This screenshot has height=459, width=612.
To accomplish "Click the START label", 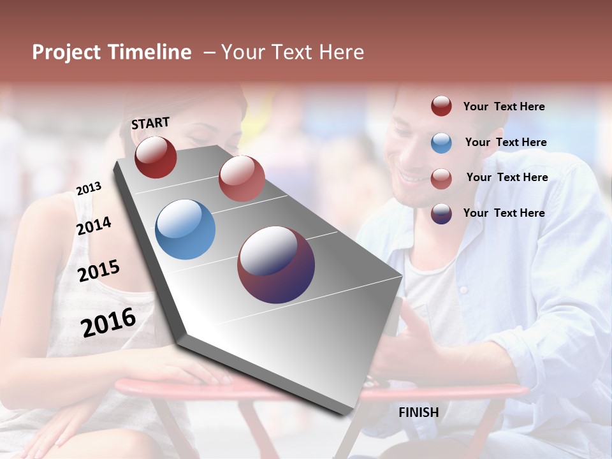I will click(x=150, y=123).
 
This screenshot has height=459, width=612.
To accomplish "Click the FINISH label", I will click(x=418, y=412).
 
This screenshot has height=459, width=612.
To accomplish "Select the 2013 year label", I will click(x=89, y=189).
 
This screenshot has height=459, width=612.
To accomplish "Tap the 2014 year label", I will click(x=94, y=226).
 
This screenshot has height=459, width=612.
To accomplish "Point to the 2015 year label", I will click(x=99, y=271).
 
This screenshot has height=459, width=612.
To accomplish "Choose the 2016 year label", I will click(x=108, y=322).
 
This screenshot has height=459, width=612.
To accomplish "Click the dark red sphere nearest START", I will click(x=156, y=157).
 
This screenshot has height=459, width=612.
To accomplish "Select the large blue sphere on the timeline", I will click(x=185, y=229).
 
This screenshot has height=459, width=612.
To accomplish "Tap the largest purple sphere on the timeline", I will click(x=276, y=265).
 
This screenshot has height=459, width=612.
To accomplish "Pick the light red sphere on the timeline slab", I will click(x=242, y=178).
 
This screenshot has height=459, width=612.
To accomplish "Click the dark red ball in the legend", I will click(x=441, y=106).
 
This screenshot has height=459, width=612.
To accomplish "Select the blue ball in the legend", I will click(x=441, y=143).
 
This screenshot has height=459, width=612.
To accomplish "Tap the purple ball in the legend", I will click(x=441, y=214).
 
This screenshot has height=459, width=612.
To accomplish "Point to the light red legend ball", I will click(x=441, y=178).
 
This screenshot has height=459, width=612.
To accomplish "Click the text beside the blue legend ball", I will click(x=506, y=142).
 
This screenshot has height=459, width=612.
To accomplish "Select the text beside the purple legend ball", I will click(x=504, y=213).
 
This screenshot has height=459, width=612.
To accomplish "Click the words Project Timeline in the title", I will click(x=112, y=52).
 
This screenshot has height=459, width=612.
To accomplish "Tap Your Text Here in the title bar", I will click(x=292, y=52).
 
